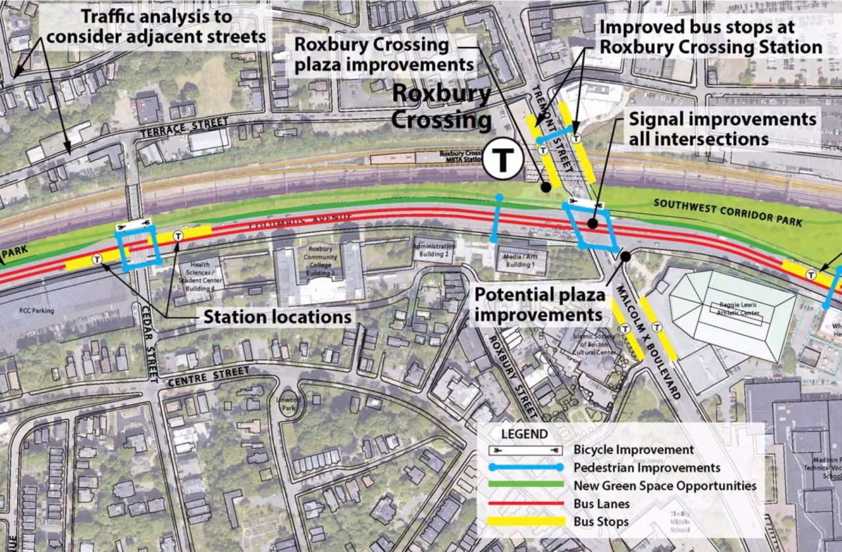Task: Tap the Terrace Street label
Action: (x=184, y=127)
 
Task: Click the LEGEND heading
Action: (x=524, y=434)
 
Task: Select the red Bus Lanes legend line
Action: (x=527, y=504)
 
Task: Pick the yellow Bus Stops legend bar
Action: (x=527, y=522)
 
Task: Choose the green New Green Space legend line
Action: (x=527, y=485)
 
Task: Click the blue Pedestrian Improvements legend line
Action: (x=527, y=468)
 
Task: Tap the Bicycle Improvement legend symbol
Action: (x=527, y=450)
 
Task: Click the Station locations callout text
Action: (x=277, y=317)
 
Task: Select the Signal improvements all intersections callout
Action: (x=722, y=129)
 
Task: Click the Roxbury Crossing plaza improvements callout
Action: (x=384, y=55)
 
